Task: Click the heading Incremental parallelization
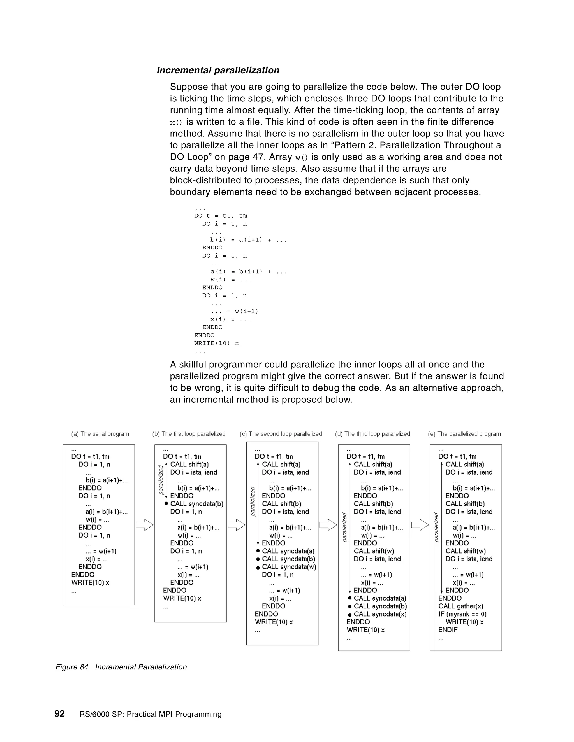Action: tap(218, 70)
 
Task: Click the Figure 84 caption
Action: tap(121, 667)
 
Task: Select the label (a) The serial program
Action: tap(100, 434)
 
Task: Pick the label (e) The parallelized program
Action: tap(464, 434)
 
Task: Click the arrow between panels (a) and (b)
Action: tap(145, 525)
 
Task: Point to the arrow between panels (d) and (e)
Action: tap(420, 525)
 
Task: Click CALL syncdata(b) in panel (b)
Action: tap(196, 504)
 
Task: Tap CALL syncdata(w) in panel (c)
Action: tap(289, 567)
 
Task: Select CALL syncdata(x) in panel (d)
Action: tap(380, 614)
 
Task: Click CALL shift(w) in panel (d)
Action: tap(373, 551)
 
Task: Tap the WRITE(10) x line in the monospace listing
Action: tap(217, 343)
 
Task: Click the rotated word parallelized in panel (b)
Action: tap(161, 480)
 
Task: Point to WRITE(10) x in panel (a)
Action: tap(90, 583)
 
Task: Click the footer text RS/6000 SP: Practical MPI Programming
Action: tap(150, 714)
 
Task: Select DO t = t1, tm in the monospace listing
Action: tap(220, 216)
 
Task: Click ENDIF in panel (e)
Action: tap(448, 629)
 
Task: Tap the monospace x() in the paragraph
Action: tap(176, 122)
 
